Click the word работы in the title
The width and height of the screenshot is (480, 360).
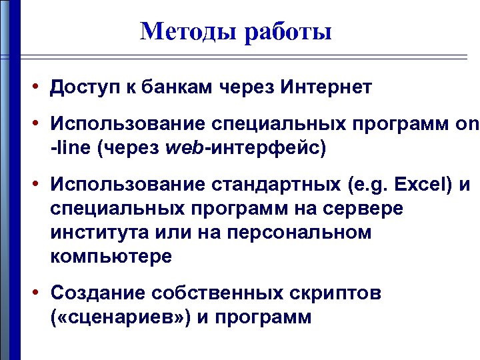point(288,31)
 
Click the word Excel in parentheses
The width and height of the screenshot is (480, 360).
point(420,183)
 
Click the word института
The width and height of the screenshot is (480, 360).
point(96,233)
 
